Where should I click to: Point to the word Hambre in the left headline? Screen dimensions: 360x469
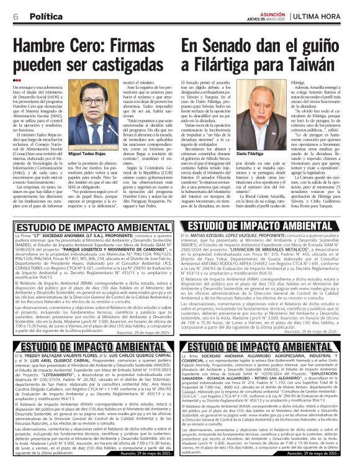[38, 46]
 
